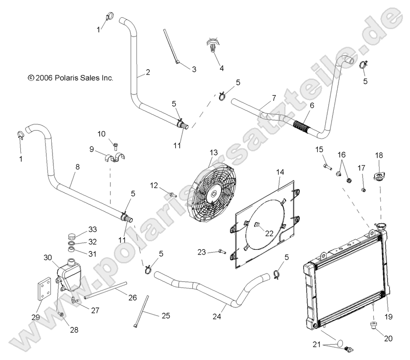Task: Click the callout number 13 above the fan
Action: click(x=214, y=152)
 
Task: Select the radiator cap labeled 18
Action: click(x=379, y=176)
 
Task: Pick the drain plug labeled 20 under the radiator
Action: click(x=372, y=327)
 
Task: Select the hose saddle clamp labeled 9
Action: click(x=115, y=160)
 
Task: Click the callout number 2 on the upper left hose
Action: click(x=147, y=72)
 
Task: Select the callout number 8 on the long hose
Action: click(x=78, y=167)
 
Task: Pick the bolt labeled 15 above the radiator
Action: click(x=326, y=167)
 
